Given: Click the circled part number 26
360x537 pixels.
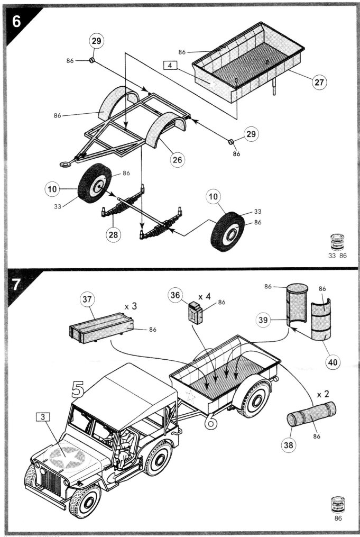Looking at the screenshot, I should click(x=179, y=158).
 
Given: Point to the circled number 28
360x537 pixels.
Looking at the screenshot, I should click(x=113, y=235).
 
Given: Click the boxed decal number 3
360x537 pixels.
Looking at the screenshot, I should click(x=43, y=416).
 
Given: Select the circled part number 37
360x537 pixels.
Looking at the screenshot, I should click(x=87, y=299).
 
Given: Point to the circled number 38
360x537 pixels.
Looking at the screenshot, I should click(x=288, y=445).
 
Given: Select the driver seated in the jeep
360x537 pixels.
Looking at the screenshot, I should click(x=125, y=445).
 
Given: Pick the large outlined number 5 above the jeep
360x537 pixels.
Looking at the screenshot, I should click(x=77, y=390).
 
